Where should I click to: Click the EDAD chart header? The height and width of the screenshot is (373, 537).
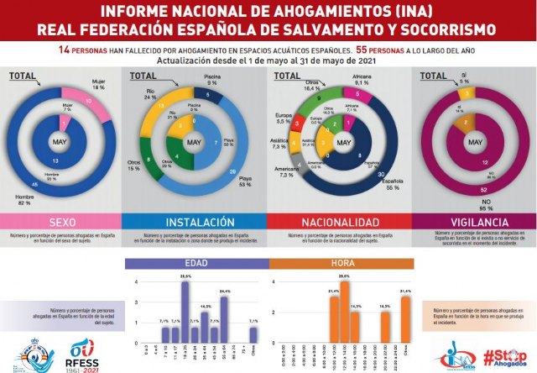click(x=196, y=262)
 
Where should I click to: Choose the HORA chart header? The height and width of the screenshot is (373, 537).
click(x=341, y=262)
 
